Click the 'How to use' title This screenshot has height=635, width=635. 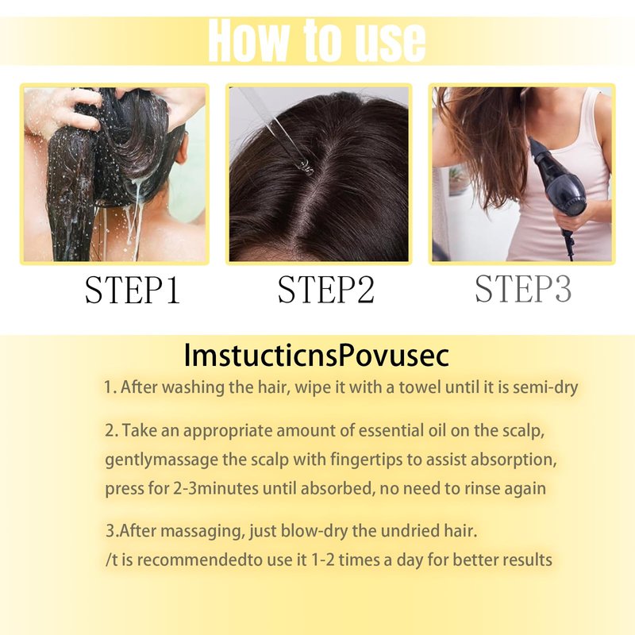pos(317,41)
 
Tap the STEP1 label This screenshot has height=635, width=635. pos(132,290)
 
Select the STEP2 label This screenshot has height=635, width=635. pos(326,290)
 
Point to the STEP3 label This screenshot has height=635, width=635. pos(523,289)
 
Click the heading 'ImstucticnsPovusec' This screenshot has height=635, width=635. pos(316,356)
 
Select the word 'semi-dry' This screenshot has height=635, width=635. pos(545,388)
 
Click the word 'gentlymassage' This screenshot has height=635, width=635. pos(161,460)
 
